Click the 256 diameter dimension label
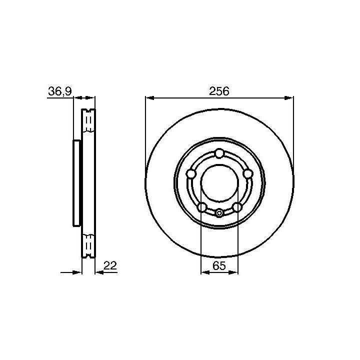[219, 91]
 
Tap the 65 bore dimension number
[219, 266]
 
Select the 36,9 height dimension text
[60, 91]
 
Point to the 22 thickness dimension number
[110, 265]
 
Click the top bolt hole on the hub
[219, 153]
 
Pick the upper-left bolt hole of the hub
[191, 174]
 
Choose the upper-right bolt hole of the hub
[247, 174]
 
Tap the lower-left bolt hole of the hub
[202, 207]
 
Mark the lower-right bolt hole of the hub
[237, 207]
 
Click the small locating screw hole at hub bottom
[219, 213]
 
